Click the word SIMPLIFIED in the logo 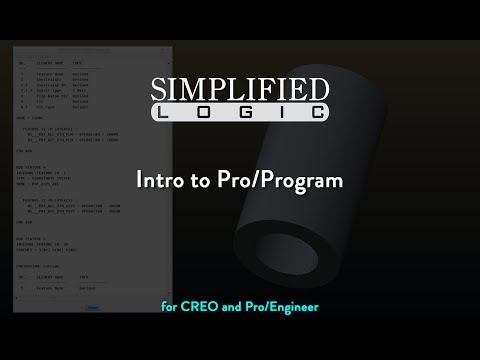[239, 89]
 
